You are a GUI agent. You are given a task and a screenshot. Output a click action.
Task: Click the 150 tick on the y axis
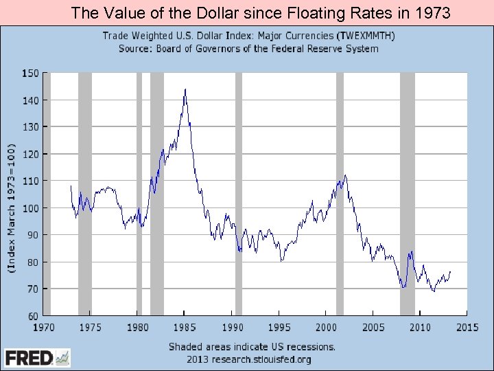coord(30,73)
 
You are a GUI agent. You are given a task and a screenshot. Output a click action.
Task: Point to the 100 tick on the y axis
coord(30,207)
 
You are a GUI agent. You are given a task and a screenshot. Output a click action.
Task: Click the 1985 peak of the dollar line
coord(185,89)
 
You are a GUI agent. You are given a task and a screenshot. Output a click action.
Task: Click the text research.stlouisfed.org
coord(260,359)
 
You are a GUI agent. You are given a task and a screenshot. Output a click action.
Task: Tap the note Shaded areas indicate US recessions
coord(252,346)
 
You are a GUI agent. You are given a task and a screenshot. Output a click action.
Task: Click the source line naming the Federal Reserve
coord(248,48)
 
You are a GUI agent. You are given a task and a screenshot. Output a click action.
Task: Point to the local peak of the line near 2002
coord(345,175)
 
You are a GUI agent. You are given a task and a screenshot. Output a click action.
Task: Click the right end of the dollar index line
coord(450,271)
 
